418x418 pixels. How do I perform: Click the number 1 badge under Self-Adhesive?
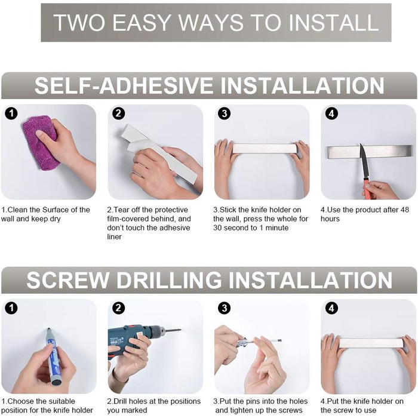point(11,114)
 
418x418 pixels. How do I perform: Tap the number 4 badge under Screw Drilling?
point(331,309)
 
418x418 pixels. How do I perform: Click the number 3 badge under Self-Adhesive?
point(225,114)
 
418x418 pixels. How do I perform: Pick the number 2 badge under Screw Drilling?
point(118,309)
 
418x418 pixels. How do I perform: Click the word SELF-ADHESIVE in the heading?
point(124,86)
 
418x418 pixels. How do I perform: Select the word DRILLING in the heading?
point(169,280)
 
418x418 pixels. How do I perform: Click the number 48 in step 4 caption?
point(404,210)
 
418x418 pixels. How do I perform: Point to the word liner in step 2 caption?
point(115,236)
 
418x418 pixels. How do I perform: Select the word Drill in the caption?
point(122,401)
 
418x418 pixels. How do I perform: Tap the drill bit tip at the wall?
point(180,330)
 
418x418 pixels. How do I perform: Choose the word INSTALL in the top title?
point(333,23)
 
